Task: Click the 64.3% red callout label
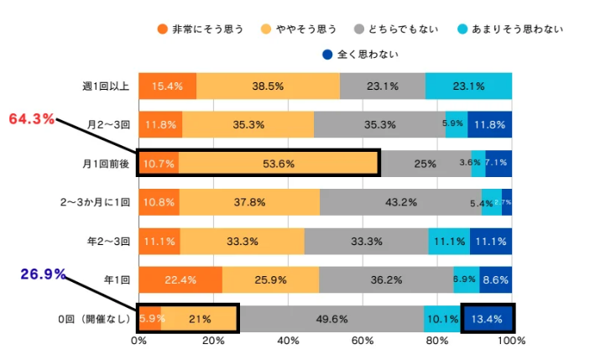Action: coord(31,119)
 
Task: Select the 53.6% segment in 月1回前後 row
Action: coord(278,163)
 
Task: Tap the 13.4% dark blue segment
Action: coord(487,318)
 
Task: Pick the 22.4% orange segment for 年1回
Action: coord(180,279)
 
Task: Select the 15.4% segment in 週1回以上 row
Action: coord(167,86)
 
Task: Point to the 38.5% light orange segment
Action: coord(268,86)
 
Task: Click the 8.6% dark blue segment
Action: coord(495,279)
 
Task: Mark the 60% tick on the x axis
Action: coord(363,342)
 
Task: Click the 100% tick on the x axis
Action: coord(511,342)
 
